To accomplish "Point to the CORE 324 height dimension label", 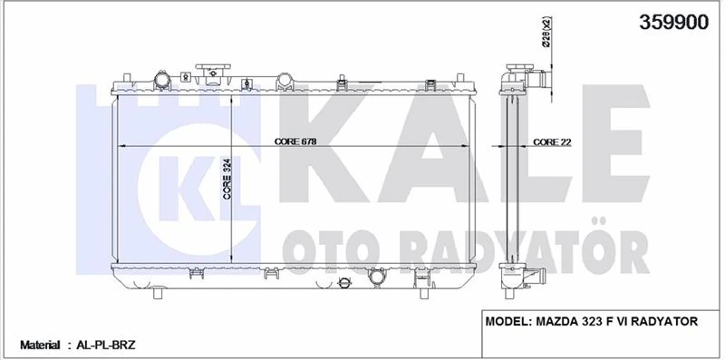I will (227, 178).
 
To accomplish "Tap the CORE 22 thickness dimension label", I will (550, 141).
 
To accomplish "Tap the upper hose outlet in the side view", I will (541, 81).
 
